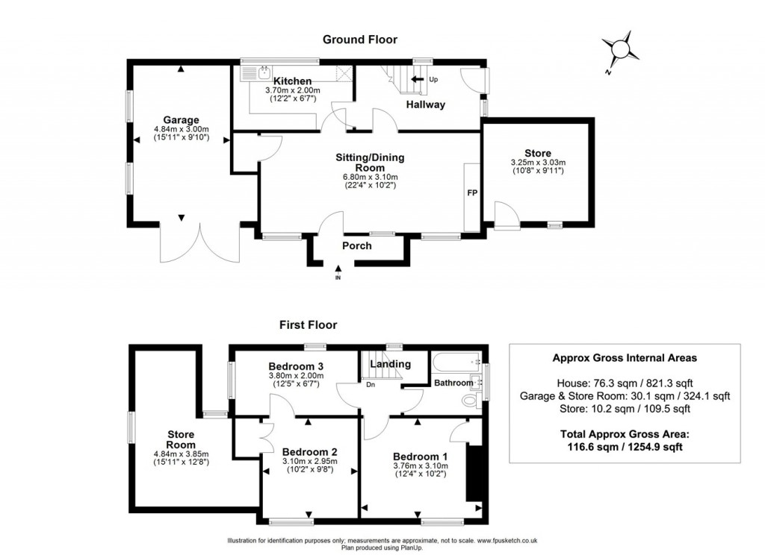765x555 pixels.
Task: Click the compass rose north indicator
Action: click(619, 51)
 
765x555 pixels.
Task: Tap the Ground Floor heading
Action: click(359, 40)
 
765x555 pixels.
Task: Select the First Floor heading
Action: click(308, 324)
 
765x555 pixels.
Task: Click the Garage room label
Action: click(181, 119)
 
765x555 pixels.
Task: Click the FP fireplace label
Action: click(472, 193)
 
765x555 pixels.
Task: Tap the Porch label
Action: click(356, 246)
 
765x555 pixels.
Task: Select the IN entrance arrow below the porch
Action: click(338, 272)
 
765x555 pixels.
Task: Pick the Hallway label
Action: click(425, 104)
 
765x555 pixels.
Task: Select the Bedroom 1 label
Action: click(420, 457)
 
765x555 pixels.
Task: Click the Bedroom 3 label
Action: click(295, 366)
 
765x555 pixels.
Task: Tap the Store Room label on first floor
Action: click(181, 439)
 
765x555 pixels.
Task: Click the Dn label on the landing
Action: click(370, 385)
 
